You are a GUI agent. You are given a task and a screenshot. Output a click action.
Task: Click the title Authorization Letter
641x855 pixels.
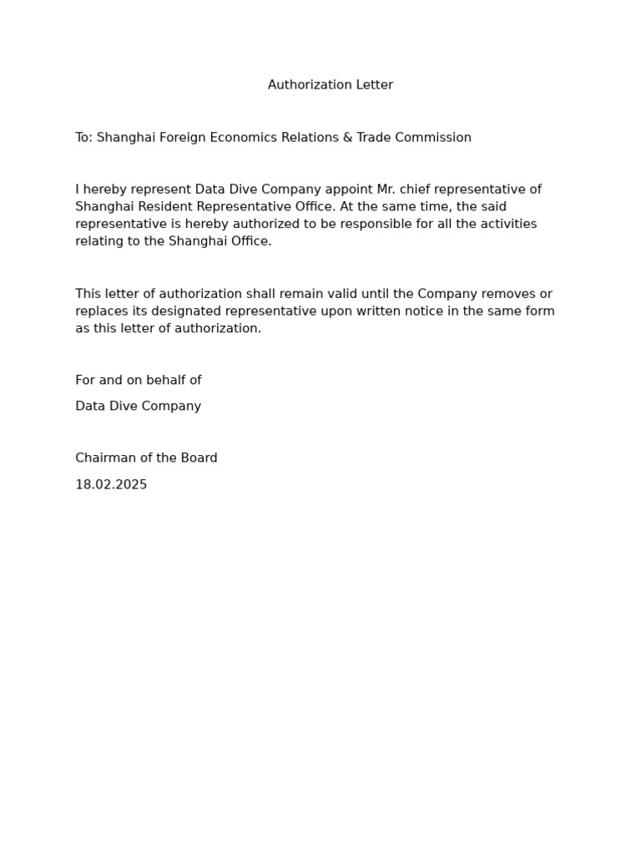tap(330, 85)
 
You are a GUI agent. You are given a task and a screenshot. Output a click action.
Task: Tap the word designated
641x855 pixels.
tap(191, 311)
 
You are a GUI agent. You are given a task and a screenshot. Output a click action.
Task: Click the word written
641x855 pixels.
tap(369, 311)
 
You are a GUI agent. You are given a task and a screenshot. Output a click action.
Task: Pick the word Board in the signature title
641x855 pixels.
tap(199, 458)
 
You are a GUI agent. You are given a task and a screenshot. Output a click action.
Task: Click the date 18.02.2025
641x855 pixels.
tap(111, 485)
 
